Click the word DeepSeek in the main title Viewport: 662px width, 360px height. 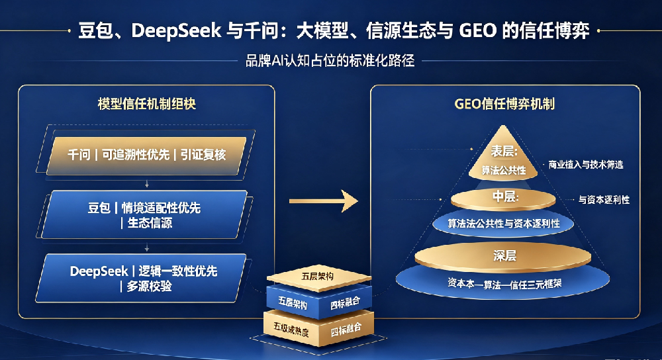coord(176,31)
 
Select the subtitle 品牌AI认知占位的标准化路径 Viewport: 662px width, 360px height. coord(330,61)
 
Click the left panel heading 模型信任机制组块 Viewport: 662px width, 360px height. coord(146,104)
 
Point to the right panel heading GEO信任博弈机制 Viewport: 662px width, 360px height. coord(504,104)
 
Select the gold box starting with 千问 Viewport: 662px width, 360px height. coord(146,156)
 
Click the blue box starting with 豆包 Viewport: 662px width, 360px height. coord(144,215)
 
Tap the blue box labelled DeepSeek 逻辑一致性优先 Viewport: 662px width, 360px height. coord(142,278)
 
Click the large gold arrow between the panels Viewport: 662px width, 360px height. coord(324,201)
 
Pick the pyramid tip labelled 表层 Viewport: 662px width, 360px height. coord(503,157)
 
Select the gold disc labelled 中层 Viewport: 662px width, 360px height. coord(503,199)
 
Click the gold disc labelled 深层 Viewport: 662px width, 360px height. coord(503,255)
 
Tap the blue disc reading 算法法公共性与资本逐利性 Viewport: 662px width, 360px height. coord(503,223)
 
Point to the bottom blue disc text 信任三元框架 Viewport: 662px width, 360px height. coord(536,284)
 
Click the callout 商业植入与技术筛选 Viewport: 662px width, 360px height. coord(586,165)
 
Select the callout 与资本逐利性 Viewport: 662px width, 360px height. coord(604,200)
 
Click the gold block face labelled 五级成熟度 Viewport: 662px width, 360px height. coord(291,329)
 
